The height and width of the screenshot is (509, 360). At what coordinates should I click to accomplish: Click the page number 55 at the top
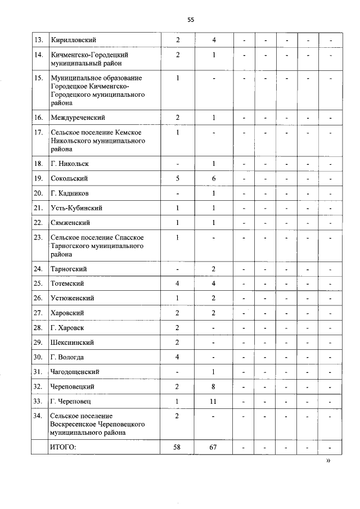(191, 20)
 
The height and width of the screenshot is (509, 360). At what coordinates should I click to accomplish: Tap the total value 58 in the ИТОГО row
(178, 447)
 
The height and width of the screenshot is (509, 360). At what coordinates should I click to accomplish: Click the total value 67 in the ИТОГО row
(214, 447)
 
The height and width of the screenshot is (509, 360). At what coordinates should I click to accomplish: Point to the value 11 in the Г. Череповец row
(214, 402)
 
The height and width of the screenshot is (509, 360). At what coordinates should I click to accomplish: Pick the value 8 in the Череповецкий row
(214, 387)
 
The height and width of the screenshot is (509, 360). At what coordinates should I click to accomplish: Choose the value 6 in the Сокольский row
(214, 178)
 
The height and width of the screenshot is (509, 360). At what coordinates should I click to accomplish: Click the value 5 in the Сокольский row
(178, 178)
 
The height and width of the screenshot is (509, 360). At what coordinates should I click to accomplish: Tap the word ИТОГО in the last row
(64, 447)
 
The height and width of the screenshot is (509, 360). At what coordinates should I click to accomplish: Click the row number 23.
(39, 237)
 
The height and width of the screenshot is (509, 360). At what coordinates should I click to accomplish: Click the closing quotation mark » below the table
(329, 461)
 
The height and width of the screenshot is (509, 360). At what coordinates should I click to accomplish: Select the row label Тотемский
(68, 283)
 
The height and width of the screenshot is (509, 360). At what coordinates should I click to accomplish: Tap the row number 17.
(39, 132)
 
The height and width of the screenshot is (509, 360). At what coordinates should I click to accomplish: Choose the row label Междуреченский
(78, 118)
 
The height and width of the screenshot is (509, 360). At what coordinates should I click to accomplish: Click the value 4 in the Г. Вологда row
(178, 357)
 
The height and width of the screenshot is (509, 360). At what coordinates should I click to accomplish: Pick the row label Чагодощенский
(75, 372)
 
